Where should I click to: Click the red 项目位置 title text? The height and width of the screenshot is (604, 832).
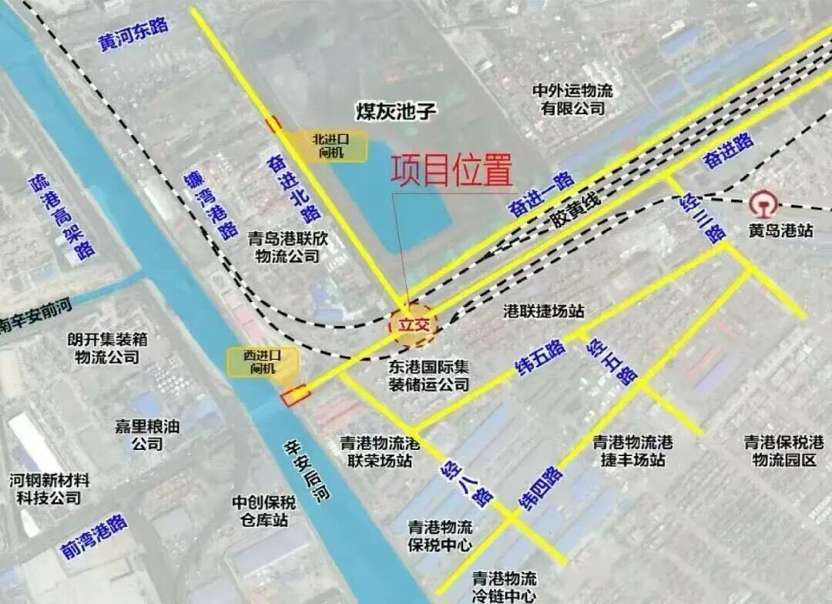pos(451,171)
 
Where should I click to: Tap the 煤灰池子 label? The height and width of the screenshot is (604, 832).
pos(396,111)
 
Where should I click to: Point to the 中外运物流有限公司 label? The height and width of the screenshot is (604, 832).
pos(573,99)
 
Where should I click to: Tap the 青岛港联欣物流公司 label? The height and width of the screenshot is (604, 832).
pos(287,247)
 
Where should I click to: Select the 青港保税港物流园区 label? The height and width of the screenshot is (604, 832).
pos(783,451)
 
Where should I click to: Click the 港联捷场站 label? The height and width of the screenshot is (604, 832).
pos(544,311)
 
